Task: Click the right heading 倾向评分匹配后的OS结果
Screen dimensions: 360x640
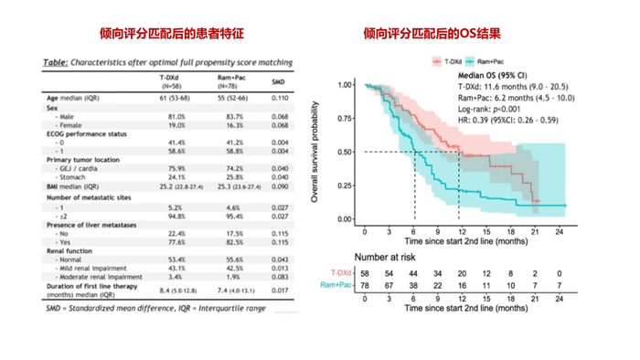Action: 432,34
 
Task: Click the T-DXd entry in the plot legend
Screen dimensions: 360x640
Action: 444,61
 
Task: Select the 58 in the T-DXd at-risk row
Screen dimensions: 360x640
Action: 365,272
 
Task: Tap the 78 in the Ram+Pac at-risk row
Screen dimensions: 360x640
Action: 365,285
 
